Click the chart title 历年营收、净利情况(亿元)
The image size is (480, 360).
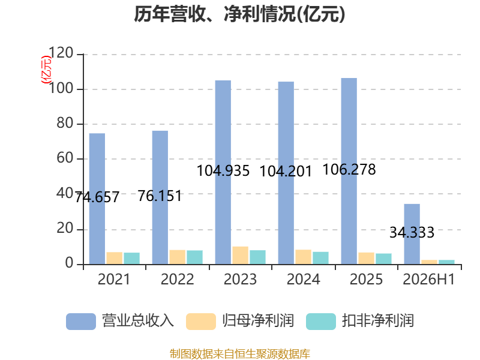pyautogui.click(x=239, y=14)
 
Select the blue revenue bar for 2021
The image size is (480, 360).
pyautogui.click(x=97, y=199)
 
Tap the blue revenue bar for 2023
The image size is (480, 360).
pyautogui.click(x=223, y=172)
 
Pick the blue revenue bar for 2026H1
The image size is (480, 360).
pyautogui.click(x=412, y=234)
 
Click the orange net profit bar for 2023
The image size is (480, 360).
pyautogui.click(x=241, y=256)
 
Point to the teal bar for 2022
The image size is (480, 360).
pyautogui.click(x=194, y=257)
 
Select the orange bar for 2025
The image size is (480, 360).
pyautogui.click(x=367, y=259)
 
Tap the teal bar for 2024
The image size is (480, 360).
pyautogui.click(x=320, y=258)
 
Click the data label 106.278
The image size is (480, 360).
pyautogui.click(x=349, y=170)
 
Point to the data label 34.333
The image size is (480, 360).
pyautogui.click(x=412, y=233)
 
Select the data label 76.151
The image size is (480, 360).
pyautogui.click(x=160, y=196)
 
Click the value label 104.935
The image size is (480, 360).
pyautogui.click(x=223, y=171)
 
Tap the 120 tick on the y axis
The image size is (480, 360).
pyautogui.click(x=61, y=53)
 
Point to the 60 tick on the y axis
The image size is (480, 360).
pyautogui.click(x=65, y=158)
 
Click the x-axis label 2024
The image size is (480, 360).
pyautogui.click(x=304, y=279)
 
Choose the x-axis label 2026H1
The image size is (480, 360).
pyautogui.click(x=429, y=279)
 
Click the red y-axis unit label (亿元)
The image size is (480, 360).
pyautogui.click(x=46, y=70)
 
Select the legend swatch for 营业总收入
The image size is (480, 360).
pyautogui.click(x=81, y=322)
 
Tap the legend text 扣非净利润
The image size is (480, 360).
pyautogui.click(x=378, y=321)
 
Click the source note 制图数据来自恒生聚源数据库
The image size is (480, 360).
pyautogui.click(x=240, y=354)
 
